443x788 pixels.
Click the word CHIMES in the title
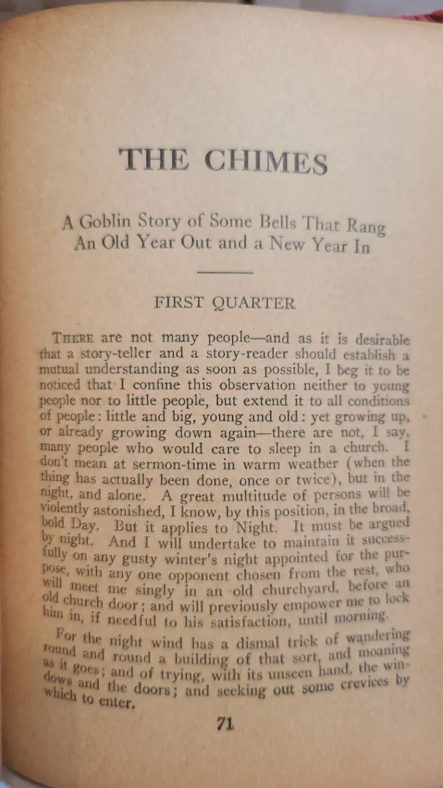point(266,162)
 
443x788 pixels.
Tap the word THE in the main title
point(154,160)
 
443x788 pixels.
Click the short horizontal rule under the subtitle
point(226,271)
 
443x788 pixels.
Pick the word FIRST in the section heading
point(180,303)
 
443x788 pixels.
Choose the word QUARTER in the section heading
point(253,304)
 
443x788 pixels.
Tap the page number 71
point(225,724)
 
